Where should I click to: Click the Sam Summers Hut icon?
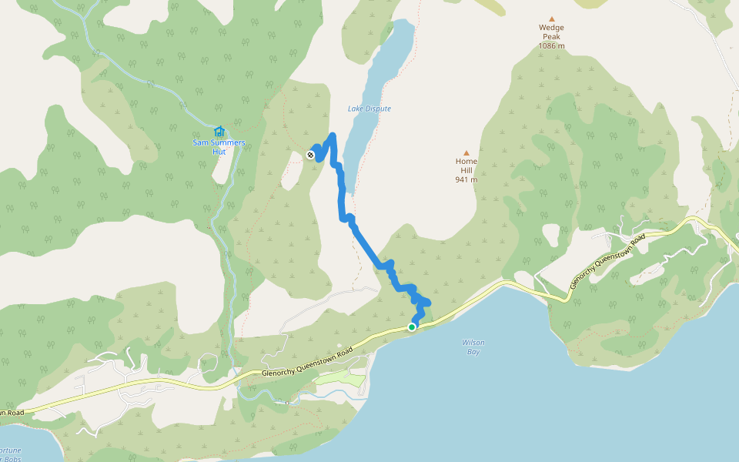pyautogui.click(x=219, y=131)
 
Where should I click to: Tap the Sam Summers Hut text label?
pyautogui.click(x=219, y=147)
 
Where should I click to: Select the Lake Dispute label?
pyautogui.click(x=369, y=109)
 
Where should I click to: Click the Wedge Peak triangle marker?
pyautogui.click(x=551, y=19)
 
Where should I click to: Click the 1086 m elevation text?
pyautogui.click(x=551, y=45)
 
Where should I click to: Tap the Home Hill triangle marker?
pyautogui.click(x=466, y=152)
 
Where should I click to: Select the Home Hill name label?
pyautogui.click(x=466, y=166)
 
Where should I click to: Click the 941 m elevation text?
pyautogui.click(x=466, y=179)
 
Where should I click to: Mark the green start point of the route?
pyautogui.click(x=412, y=327)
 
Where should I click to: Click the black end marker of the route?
pyautogui.click(x=310, y=155)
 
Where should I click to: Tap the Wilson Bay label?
pyautogui.click(x=473, y=346)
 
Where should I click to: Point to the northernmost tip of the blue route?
pyautogui.click(x=333, y=136)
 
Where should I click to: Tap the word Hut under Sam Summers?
pyautogui.click(x=219, y=152)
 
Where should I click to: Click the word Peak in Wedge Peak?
pyautogui.click(x=551, y=37)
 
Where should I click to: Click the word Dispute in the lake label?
pyautogui.click(x=378, y=109)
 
